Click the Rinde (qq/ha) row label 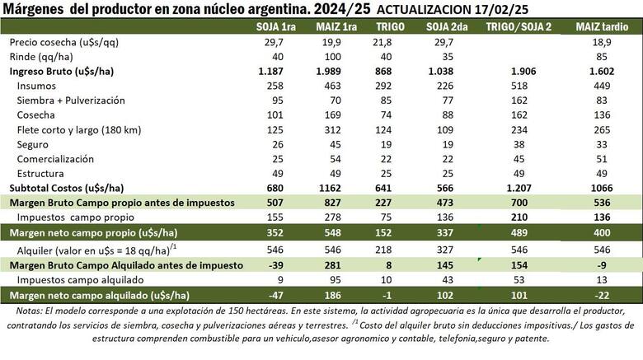point(46,57)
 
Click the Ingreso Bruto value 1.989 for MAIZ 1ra point(335,72)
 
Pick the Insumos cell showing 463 point(336,86)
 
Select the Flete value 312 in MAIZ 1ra point(336,129)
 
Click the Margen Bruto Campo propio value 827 point(336,202)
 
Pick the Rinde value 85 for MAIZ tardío point(588,57)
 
